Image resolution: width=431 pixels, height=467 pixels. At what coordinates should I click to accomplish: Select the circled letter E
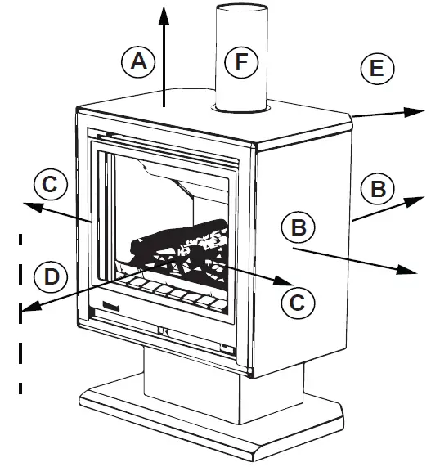[376, 68]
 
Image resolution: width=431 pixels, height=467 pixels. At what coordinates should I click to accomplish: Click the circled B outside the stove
[378, 190]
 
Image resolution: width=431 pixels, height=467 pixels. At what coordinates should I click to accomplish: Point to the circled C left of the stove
[50, 183]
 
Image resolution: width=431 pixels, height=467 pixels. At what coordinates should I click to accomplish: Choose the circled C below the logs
[297, 301]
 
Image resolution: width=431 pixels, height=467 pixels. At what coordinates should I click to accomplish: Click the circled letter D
[52, 276]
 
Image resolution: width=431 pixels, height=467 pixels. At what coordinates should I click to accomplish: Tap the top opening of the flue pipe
[242, 9]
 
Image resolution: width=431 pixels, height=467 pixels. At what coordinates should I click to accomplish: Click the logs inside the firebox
[180, 245]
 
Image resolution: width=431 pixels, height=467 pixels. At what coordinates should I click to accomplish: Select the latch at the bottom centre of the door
[164, 331]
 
